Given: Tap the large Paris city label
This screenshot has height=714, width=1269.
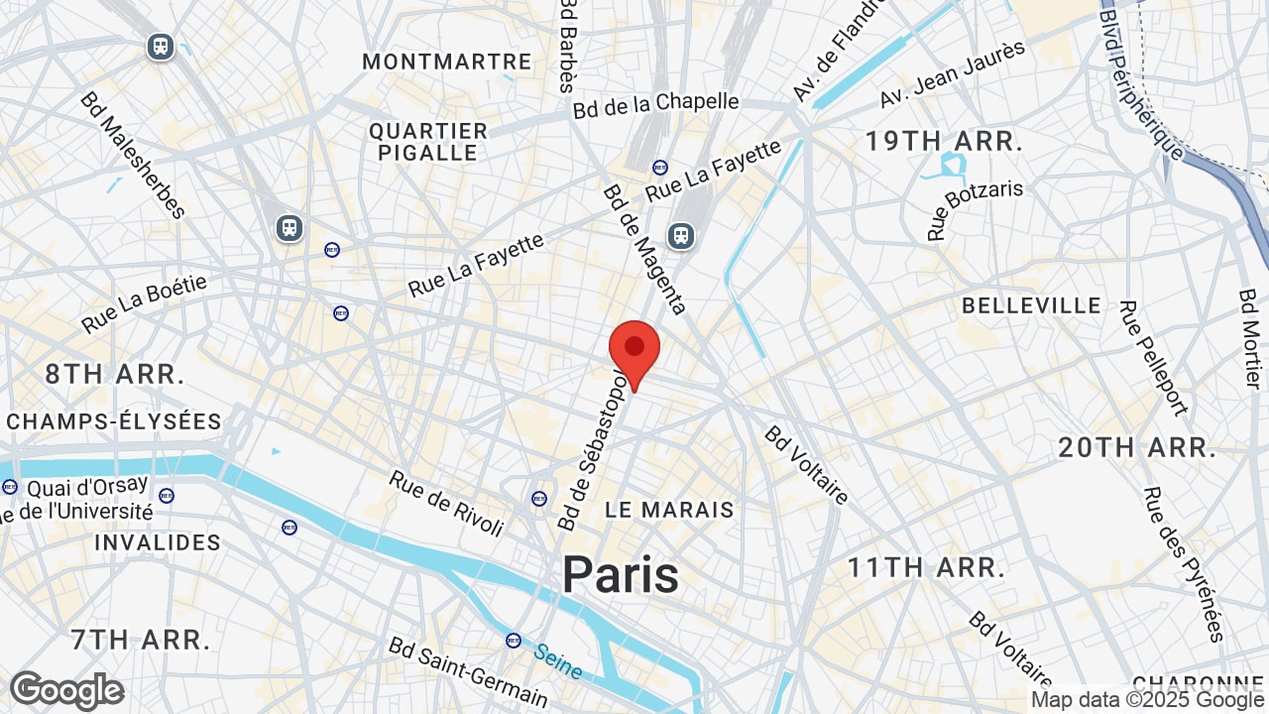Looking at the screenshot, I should pos(621,575).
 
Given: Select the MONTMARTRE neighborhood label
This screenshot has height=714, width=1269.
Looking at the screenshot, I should pos(446,61).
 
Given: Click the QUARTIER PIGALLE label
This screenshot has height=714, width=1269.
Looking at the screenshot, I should pos(428,142).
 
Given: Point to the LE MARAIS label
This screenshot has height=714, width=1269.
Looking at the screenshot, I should pos(670,510).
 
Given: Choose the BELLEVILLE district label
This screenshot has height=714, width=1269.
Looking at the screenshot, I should pos(1031,305).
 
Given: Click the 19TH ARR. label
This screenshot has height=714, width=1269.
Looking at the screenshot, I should pos(943,142).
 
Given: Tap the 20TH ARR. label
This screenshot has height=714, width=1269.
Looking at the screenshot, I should pos(1137,448).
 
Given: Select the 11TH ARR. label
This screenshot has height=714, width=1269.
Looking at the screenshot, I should pos(926,568).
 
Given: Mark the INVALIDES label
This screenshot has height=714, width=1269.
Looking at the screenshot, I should pos(158,542).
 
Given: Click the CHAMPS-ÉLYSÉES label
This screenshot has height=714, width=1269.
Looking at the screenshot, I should pos(114,421).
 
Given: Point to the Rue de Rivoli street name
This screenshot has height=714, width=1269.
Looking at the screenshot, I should pos(446,503).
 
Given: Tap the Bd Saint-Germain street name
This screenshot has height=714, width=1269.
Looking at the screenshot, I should pos(468,672).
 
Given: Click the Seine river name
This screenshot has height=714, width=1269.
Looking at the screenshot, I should pos(558,662).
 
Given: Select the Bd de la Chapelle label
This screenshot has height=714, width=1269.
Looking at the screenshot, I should pos(655,104).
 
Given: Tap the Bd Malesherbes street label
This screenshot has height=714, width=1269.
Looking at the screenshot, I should pos(133,155).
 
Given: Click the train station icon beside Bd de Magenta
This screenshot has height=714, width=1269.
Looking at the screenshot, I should pos(680,235).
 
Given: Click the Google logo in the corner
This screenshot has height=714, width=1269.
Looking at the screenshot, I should pos(66,690).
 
